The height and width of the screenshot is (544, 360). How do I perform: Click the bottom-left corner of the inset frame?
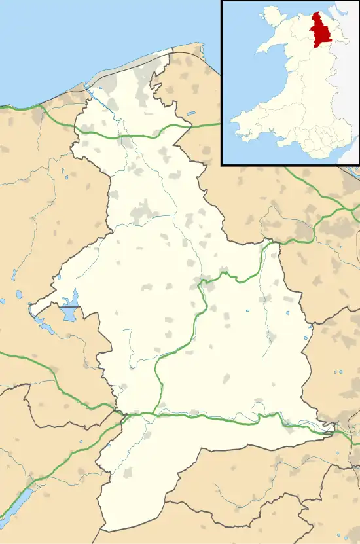point(223,164)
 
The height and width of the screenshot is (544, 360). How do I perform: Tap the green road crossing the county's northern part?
point(131,136)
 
